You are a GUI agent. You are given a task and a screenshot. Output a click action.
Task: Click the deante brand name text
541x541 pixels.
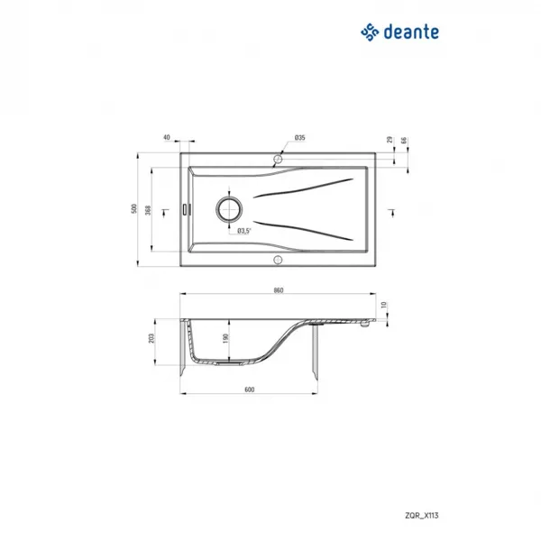point(411,32)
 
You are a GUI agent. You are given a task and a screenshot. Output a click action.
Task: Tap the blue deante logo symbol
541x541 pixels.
point(370,32)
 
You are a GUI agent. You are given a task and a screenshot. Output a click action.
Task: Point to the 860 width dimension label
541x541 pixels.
point(279,290)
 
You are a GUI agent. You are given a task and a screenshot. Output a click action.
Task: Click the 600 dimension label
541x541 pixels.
point(250,390)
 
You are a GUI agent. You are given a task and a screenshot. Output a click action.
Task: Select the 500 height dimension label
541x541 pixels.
point(133,209)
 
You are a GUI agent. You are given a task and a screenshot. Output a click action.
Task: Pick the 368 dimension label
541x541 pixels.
point(148,210)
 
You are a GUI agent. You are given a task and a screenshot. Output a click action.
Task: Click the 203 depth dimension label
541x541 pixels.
point(151,338)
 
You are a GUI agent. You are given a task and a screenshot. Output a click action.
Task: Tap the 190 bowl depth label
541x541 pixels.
point(225,338)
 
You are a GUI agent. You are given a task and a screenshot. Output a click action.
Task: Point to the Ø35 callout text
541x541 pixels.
point(300,138)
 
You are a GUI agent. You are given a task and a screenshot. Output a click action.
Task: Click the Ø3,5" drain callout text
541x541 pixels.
point(244,231)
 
